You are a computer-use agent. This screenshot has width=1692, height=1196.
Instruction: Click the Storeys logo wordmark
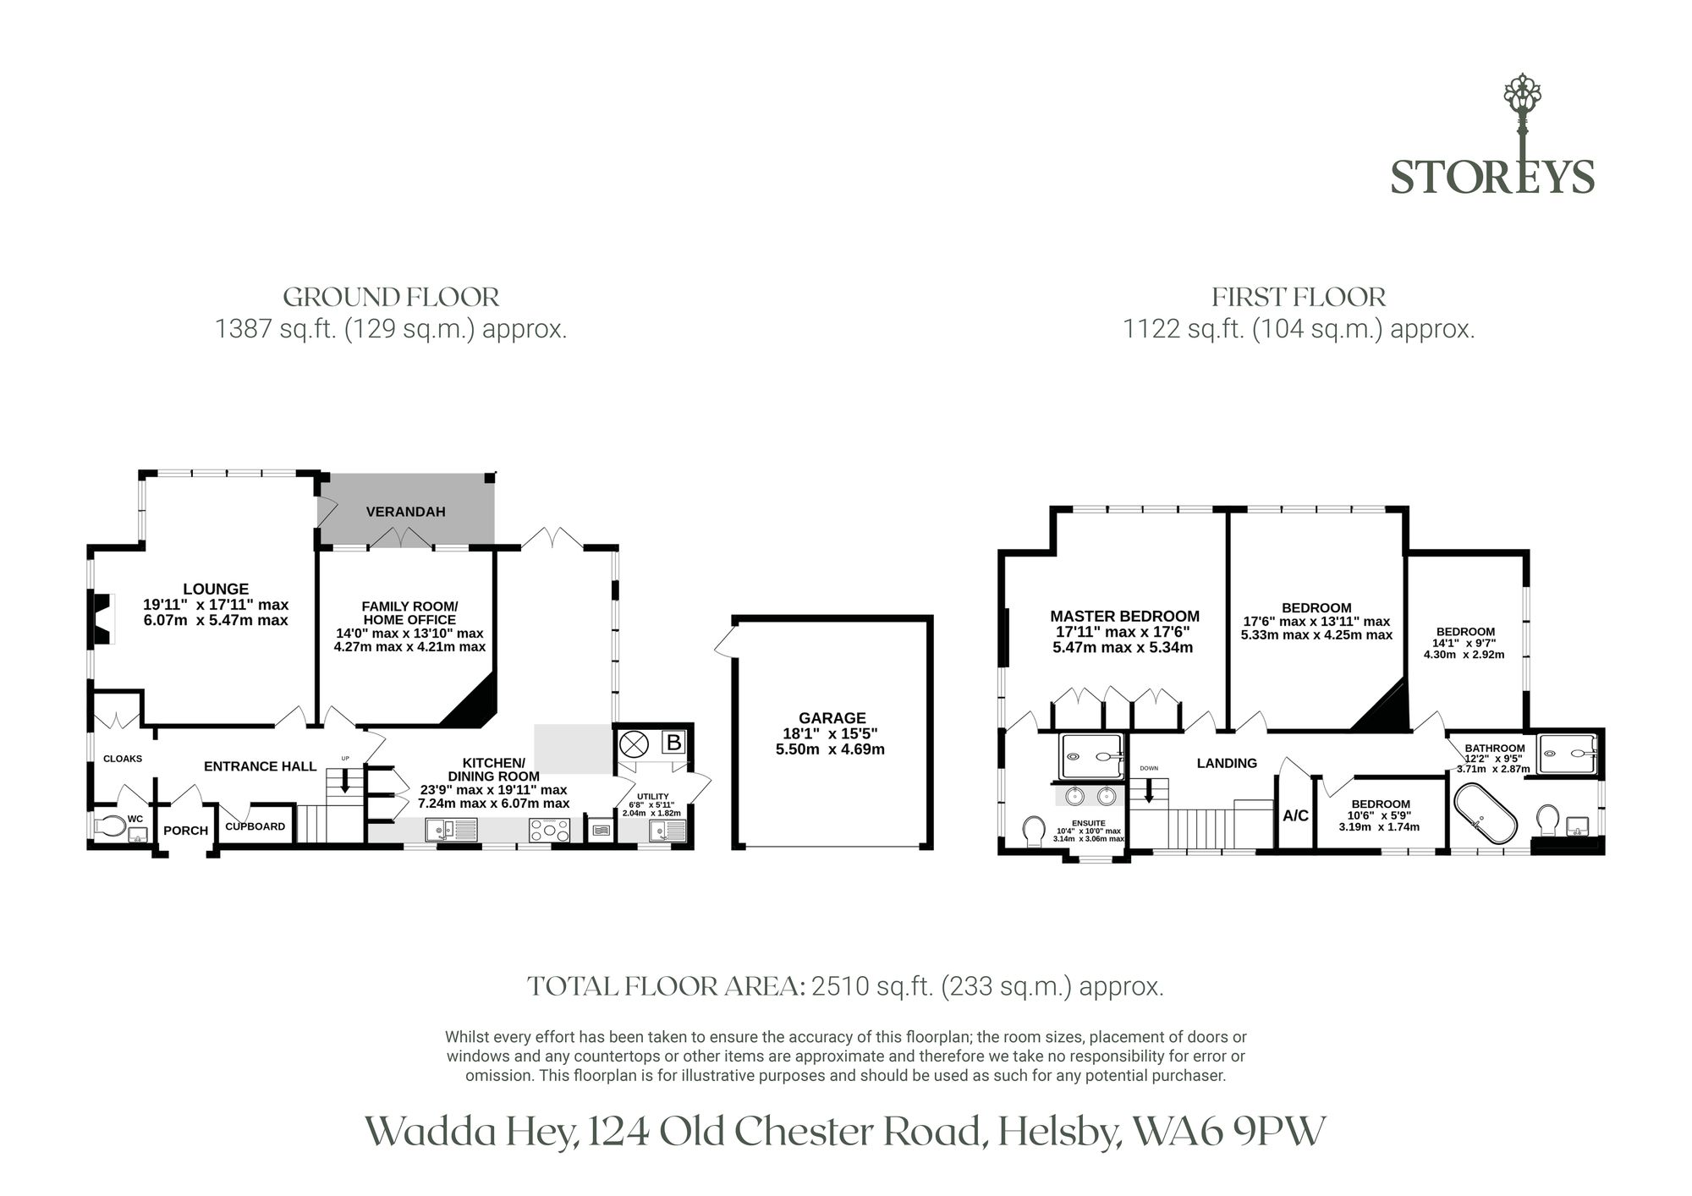pos(1492,177)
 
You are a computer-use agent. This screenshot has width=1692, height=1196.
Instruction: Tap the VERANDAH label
pos(405,512)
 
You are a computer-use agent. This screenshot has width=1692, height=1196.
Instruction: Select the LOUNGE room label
pos(216,589)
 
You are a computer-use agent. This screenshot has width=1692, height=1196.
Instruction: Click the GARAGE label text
pos(832,718)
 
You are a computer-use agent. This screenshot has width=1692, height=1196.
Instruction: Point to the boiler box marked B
pos(673,743)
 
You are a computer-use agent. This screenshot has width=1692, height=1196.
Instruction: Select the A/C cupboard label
pos(1296,816)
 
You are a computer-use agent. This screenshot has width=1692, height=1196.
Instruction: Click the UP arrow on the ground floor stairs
pos(345,780)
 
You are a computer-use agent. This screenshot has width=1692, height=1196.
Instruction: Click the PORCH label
pos(186,831)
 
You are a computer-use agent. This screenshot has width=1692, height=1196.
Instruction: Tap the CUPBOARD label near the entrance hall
pos(255,826)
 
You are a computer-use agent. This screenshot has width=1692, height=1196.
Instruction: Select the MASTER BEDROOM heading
pos(1125,617)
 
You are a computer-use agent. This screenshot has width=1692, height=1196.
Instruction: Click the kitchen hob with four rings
pos(550,831)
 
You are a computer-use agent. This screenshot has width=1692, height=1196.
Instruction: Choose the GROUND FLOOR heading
pos(391,297)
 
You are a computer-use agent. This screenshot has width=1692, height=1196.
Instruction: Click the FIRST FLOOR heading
pos(1299,298)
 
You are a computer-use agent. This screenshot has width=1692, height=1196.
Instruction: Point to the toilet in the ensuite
pos(1034,831)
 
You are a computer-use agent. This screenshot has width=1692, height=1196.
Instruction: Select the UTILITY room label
pos(652,796)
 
